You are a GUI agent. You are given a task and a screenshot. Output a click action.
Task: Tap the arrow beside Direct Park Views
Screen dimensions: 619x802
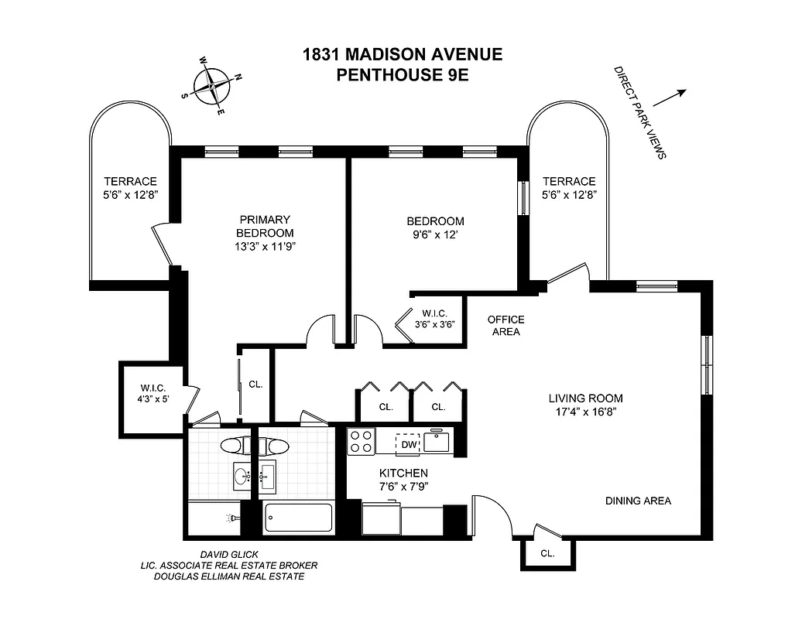[670, 97]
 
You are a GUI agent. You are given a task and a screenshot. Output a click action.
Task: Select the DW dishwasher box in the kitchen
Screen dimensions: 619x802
[408, 444]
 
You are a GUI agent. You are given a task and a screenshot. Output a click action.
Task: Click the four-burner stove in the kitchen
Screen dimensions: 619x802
[361, 442]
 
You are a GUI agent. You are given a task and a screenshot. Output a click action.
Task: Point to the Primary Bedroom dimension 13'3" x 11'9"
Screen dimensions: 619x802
[265, 246]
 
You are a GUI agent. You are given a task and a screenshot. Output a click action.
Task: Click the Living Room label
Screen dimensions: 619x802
[585, 398]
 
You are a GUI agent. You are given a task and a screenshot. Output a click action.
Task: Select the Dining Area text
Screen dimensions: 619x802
[638, 501]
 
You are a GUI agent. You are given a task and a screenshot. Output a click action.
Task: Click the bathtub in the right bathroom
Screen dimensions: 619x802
[298, 517]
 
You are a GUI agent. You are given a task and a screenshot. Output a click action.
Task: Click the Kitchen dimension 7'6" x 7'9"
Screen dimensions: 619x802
[403, 486]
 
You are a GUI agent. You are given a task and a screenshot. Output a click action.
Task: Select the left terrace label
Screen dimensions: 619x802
[130, 188]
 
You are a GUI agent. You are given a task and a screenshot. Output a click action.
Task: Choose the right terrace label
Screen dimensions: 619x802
[568, 188]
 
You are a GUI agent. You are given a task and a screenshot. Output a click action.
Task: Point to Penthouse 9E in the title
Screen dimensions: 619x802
[401, 75]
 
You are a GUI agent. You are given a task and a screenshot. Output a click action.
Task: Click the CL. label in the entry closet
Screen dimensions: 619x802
[547, 554]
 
